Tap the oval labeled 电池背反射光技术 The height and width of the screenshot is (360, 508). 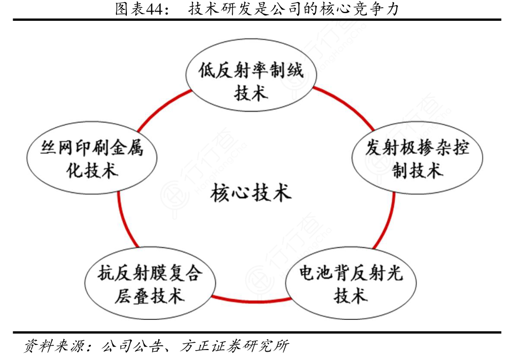tap(350, 283)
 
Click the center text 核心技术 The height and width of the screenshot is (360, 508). tap(251, 194)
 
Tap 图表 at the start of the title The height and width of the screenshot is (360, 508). tap(127, 9)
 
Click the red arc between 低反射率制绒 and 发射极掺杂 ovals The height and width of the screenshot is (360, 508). tap(347, 105)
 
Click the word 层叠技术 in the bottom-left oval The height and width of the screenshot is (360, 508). tap(149, 296)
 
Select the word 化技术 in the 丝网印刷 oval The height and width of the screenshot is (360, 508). tap(92, 171)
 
